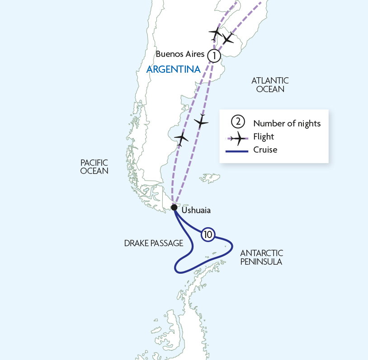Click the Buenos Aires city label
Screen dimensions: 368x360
pyautogui.click(x=180, y=54)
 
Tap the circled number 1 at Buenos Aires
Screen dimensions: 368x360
pyautogui.click(x=214, y=56)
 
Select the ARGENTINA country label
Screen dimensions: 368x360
pyautogui.click(x=173, y=70)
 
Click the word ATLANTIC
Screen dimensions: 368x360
pyautogui.click(x=270, y=80)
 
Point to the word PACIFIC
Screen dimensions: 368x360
pyautogui.click(x=94, y=162)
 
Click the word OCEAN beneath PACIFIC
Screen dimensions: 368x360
pyautogui.click(x=94, y=171)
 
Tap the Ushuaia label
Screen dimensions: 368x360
pyautogui.click(x=196, y=210)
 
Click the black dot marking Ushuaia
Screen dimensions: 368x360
pyautogui.click(x=174, y=208)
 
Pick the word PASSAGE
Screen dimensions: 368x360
pyautogui.click(x=167, y=243)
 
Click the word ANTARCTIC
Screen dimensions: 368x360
pyautogui.click(x=261, y=253)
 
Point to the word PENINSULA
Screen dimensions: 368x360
pyautogui.click(x=261, y=262)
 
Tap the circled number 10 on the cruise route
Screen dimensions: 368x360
pyautogui.click(x=208, y=234)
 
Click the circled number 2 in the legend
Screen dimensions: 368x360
pyautogui.click(x=237, y=122)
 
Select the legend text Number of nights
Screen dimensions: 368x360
pyautogui.click(x=287, y=123)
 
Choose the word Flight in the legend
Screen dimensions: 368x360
pyautogui.click(x=264, y=136)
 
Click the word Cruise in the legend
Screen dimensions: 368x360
pyautogui.click(x=265, y=150)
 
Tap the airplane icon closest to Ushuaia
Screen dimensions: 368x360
pyautogui.click(x=181, y=138)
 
